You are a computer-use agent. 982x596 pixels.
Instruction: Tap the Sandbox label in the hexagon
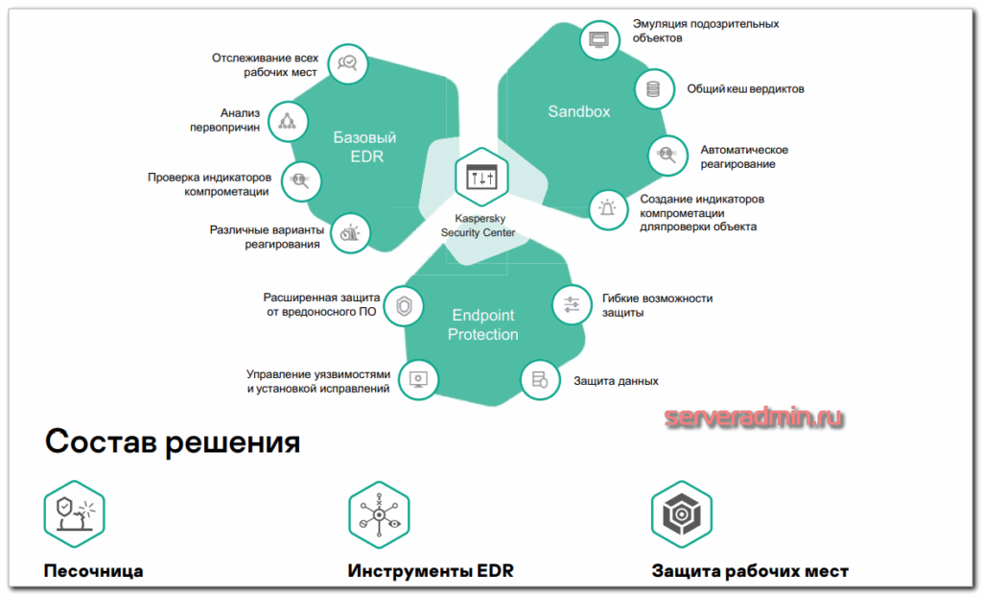(x=579, y=111)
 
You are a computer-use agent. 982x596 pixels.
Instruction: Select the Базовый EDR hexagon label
(x=364, y=147)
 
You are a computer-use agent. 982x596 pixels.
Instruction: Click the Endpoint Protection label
(x=484, y=324)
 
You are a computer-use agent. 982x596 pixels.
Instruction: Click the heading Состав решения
(x=173, y=442)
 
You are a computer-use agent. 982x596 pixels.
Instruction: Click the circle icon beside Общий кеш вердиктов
(x=654, y=89)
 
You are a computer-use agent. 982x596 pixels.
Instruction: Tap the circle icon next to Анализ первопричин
(x=287, y=120)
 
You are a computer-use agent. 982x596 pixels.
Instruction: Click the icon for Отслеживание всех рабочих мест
(x=346, y=63)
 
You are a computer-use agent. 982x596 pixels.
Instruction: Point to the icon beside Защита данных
(x=539, y=380)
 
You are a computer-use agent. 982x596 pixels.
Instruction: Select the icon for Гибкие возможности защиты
(x=572, y=304)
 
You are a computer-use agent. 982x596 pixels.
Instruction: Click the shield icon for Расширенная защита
(x=404, y=306)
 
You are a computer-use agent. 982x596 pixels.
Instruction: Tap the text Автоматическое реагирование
(x=744, y=156)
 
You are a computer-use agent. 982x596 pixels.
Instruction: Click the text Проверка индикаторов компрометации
(x=209, y=183)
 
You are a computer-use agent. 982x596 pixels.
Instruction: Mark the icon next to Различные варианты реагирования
(x=352, y=232)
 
